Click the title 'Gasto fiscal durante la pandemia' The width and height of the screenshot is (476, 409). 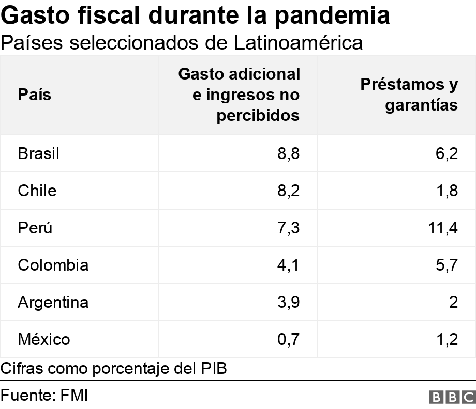point(196,16)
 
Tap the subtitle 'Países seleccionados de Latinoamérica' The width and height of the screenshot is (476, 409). point(182,43)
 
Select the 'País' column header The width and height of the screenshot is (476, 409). point(35,95)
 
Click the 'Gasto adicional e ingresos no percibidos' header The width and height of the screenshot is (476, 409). point(239,95)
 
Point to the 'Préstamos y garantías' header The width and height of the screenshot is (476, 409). point(409,95)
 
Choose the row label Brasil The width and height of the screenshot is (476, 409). point(38,153)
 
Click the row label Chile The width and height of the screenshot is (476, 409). point(37,191)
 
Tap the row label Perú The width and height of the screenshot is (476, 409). point(35,228)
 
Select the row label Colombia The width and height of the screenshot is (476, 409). point(53,265)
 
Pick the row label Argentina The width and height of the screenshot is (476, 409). point(53,302)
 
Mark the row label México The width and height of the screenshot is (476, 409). point(43,339)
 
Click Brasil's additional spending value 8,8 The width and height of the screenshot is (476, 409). point(289,153)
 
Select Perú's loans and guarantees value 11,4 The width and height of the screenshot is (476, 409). point(444,228)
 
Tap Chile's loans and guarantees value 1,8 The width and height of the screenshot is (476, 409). point(447,191)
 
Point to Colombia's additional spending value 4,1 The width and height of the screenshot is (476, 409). point(289,265)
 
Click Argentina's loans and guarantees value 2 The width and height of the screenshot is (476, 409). point(453,302)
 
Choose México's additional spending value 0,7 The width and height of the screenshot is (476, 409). point(289,339)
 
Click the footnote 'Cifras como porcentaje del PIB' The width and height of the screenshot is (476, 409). point(114,369)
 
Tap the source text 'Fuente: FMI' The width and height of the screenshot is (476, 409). point(44,396)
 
